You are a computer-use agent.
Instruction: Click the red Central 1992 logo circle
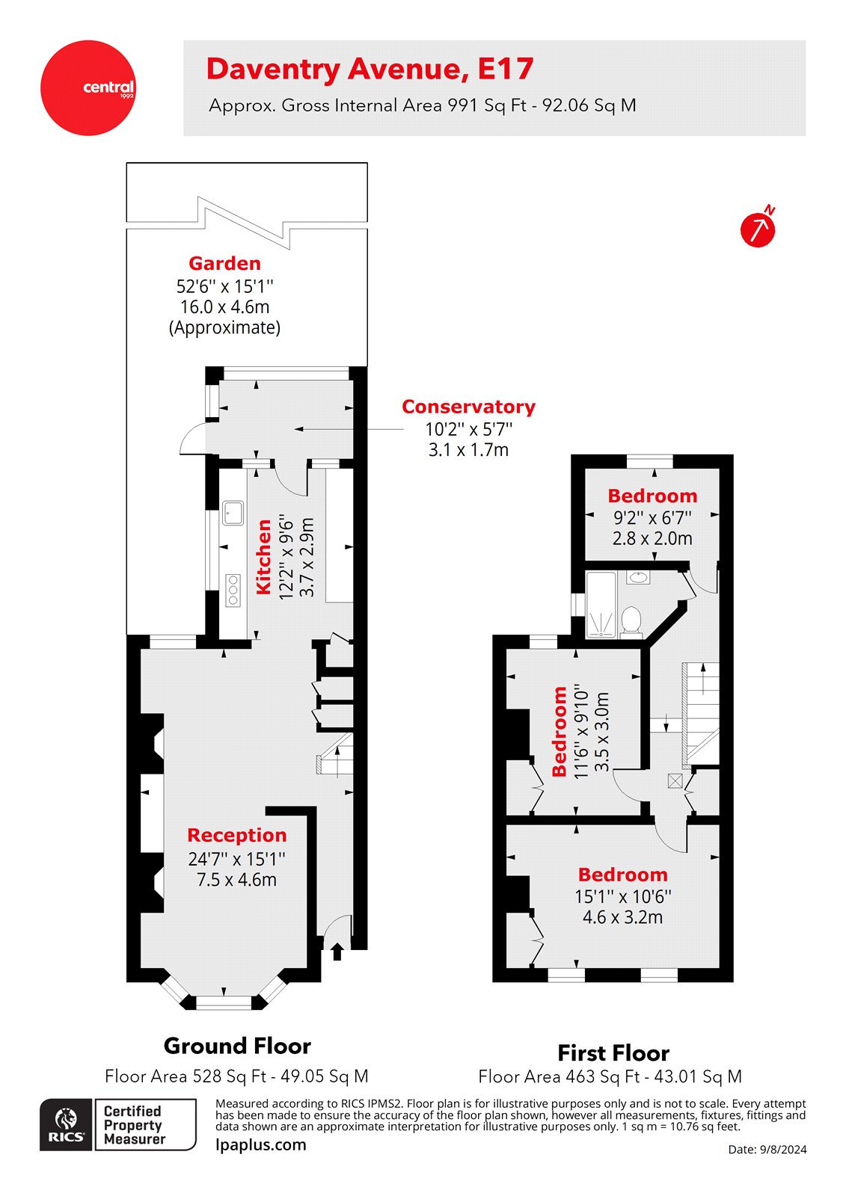pyautogui.click(x=88, y=88)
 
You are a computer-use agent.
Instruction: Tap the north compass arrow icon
pyautogui.click(x=758, y=229)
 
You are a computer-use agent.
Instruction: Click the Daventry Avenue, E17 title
pyautogui.click(x=370, y=69)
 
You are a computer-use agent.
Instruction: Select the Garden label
pyautogui.click(x=224, y=263)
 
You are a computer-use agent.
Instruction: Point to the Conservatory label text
pyautogui.click(x=468, y=407)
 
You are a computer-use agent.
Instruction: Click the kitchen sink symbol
pyautogui.click(x=233, y=513)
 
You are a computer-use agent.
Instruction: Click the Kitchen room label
pyautogui.click(x=264, y=557)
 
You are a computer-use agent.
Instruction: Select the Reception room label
pyautogui.click(x=236, y=835)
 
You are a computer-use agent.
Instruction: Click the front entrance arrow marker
pyautogui.click(x=337, y=951)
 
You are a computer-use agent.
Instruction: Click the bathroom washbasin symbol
pyautogui.click(x=638, y=577)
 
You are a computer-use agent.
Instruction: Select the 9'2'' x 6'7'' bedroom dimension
pyautogui.click(x=652, y=517)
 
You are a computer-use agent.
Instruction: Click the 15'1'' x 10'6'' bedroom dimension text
pyautogui.click(x=622, y=896)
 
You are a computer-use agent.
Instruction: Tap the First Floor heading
pyautogui.click(x=613, y=1053)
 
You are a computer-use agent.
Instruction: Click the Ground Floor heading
pyautogui.click(x=237, y=1046)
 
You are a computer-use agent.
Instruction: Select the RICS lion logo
pyautogui.click(x=66, y=1124)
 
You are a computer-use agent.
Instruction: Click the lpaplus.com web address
pyautogui.click(x=261, y=1144)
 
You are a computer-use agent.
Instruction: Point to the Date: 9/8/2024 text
pyautogui.click(x=767, y=1150)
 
